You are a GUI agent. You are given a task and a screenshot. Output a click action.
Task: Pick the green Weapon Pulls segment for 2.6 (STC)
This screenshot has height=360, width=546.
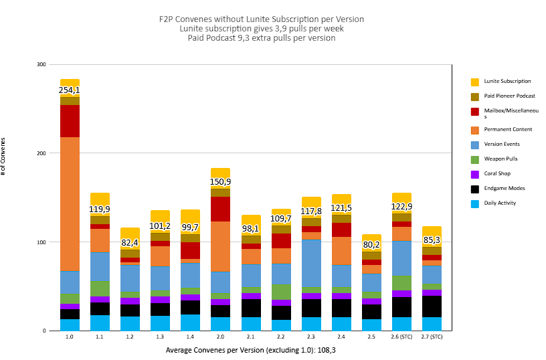click(x=401, y=283)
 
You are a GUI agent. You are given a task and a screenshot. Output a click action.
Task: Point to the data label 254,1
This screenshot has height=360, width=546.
click(x=70, y=90)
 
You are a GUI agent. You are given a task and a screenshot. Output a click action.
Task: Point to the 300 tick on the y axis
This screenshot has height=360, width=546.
click(x=41, y=64)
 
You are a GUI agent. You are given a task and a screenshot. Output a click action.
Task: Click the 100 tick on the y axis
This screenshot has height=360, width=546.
click(x=41, y=242)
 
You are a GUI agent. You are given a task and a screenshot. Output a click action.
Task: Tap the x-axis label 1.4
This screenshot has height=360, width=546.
click(x=190, y=337)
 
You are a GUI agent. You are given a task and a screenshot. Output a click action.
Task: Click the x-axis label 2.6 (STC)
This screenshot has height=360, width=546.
click(x=401, y=337)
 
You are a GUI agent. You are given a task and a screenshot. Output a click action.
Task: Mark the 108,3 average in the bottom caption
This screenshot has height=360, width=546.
click(x=323, y=350)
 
